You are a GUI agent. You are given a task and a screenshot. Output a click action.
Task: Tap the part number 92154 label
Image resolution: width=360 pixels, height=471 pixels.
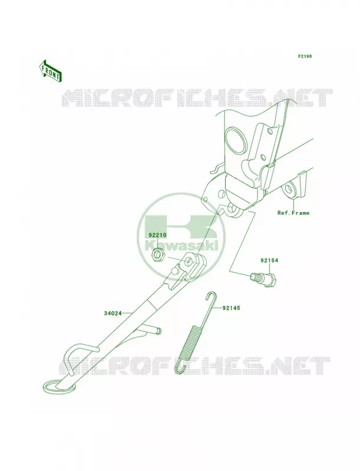click(269, 261)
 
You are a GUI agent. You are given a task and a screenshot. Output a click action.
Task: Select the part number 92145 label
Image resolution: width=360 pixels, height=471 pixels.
click(231, 308)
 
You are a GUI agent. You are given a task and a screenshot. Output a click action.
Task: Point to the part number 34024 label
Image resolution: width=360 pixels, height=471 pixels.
click(113, 313)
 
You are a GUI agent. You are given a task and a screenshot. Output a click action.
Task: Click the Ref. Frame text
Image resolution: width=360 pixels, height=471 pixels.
click(293, 213)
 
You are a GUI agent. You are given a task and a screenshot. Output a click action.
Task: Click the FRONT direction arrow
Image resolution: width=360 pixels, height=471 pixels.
click(50, 71)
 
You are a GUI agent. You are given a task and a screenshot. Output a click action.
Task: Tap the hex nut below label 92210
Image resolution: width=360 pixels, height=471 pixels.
click(157, 254)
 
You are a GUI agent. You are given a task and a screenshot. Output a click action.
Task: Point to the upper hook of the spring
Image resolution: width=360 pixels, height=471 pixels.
click(211, 297)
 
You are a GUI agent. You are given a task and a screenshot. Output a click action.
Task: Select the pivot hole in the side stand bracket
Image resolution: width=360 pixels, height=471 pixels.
click(189, 261)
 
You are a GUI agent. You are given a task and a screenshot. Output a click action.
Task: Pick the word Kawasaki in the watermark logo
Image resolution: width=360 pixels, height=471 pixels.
click(181, 246)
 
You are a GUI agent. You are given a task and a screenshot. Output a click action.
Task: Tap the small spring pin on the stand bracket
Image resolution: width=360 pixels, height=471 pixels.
click(174, 271)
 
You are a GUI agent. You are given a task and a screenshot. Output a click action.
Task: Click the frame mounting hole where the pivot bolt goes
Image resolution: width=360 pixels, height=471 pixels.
click(232, 208)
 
